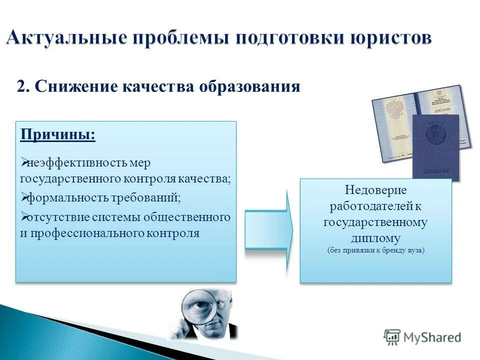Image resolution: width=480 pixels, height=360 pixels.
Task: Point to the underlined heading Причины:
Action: [57, 135]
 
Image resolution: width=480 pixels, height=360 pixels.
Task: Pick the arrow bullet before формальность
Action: [23, 198]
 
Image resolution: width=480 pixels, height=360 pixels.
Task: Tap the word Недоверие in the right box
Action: [375, 190]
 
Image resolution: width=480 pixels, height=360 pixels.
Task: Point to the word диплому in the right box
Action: [375, 237]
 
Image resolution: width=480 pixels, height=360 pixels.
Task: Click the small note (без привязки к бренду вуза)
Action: [375, 250]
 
